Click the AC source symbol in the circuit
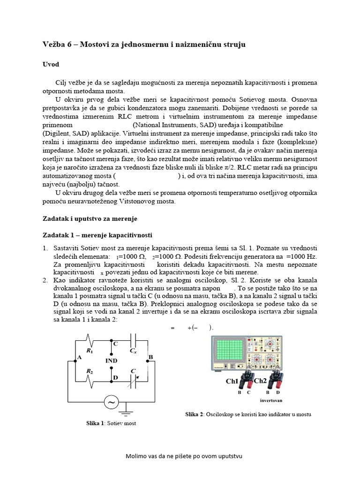click(x=111, y=402)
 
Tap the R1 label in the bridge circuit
click(x=89, y=350)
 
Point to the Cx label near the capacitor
click(x=133, y=351)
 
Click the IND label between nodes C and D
click(x=112, y=360)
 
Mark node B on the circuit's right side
click(x=150, y=357)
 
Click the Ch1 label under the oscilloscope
click(x=232, y=381)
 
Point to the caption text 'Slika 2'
click(x=195, y=414)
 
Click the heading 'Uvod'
click(x=52, y=64)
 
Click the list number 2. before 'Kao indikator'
click(x=45, y=281)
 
